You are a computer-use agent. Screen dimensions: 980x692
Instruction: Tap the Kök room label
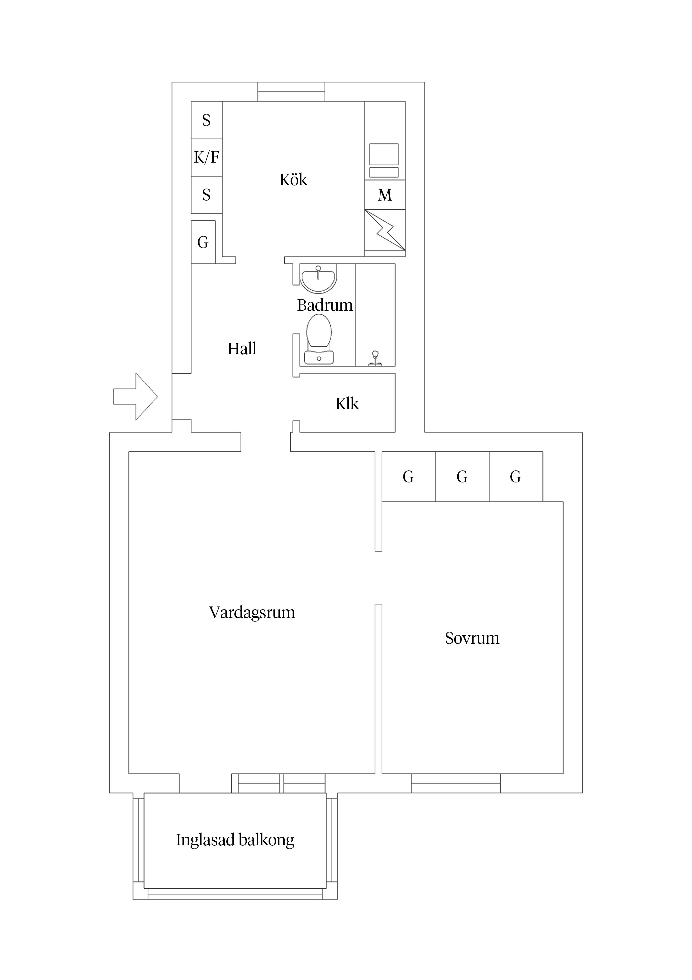click(x=293, y=180)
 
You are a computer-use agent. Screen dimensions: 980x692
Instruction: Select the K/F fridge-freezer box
click(x=206, y=158)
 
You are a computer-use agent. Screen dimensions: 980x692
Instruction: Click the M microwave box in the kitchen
click(x=385, y=195)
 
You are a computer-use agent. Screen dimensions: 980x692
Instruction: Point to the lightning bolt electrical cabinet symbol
click(x=385, y=230)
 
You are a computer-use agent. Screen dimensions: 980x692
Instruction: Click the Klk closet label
click(x=347, y=404)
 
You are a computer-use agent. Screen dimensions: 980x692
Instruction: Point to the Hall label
click(x=242, y=349)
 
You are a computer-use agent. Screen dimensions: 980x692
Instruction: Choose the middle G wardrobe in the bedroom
click(x=462, y=476)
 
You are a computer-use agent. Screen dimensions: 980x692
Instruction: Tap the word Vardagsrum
click(x=252, y=612)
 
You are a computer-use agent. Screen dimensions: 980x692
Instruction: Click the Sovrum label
click(x=472, y=638)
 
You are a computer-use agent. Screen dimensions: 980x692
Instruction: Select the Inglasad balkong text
click(x=235, y=840)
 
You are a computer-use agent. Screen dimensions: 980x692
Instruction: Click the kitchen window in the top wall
click(x=291, y=91)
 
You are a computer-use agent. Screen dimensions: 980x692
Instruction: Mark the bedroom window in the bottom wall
click(x=456, y=783)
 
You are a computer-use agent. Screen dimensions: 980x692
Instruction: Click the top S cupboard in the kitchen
click(x=206, y=120)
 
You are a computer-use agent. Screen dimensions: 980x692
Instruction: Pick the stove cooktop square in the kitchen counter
click(x=384, y=154)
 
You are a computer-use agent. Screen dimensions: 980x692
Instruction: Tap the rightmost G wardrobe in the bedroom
click(x=515, y=476)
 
